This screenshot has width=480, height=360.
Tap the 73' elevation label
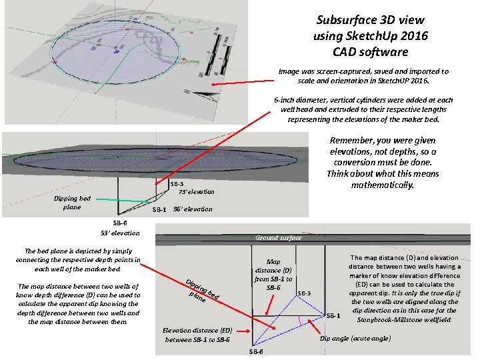coord(196,192)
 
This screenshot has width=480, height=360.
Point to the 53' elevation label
coord(121,233)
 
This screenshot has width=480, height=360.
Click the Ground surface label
coord(278,237)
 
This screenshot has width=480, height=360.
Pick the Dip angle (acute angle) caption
coord(355,339)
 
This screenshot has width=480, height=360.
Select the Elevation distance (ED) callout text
coord(197,335)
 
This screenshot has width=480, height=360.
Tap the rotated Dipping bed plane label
coord(201,289)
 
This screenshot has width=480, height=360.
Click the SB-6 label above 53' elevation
coord(121,223)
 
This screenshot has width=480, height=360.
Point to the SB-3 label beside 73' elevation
coord(177,184)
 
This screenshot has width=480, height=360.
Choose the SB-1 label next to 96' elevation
coord(159,210)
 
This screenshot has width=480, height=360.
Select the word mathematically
coord(383,184)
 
